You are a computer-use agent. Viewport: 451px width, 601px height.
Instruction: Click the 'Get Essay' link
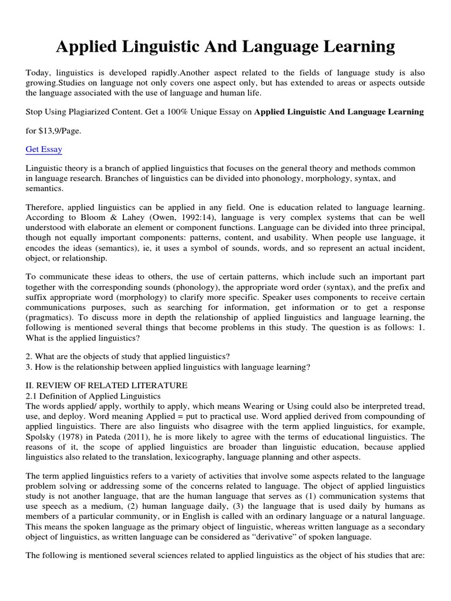pos(43,150)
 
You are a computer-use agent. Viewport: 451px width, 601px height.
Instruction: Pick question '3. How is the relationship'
pos(167,367)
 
